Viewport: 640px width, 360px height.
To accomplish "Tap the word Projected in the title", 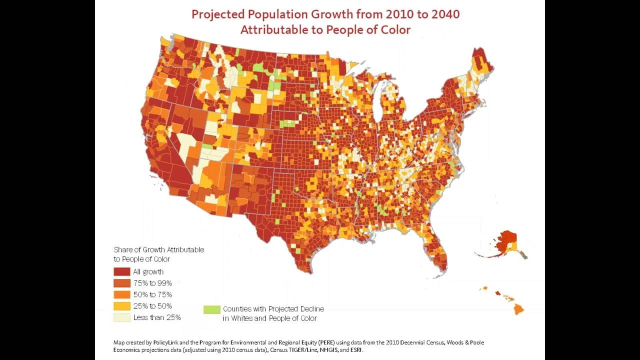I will point(222,13).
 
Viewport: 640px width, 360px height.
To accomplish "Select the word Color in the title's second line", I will point(395,30).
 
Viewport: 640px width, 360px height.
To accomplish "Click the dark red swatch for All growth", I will point(121,272).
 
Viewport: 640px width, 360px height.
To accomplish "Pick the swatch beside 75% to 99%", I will point(121,283).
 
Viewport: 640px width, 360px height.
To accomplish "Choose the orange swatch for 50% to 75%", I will point(121,295).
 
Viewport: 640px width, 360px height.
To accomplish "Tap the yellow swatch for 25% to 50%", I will point(121,306).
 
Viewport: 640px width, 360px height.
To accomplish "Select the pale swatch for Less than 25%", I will point(121,317).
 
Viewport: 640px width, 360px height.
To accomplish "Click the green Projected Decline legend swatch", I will point(211,309).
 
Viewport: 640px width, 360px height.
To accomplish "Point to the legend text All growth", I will point(148,272).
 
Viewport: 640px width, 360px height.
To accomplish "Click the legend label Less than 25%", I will point(157,317).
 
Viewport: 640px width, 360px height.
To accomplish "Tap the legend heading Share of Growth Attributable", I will point(158,249).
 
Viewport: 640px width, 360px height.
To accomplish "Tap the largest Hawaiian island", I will point(518,309).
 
